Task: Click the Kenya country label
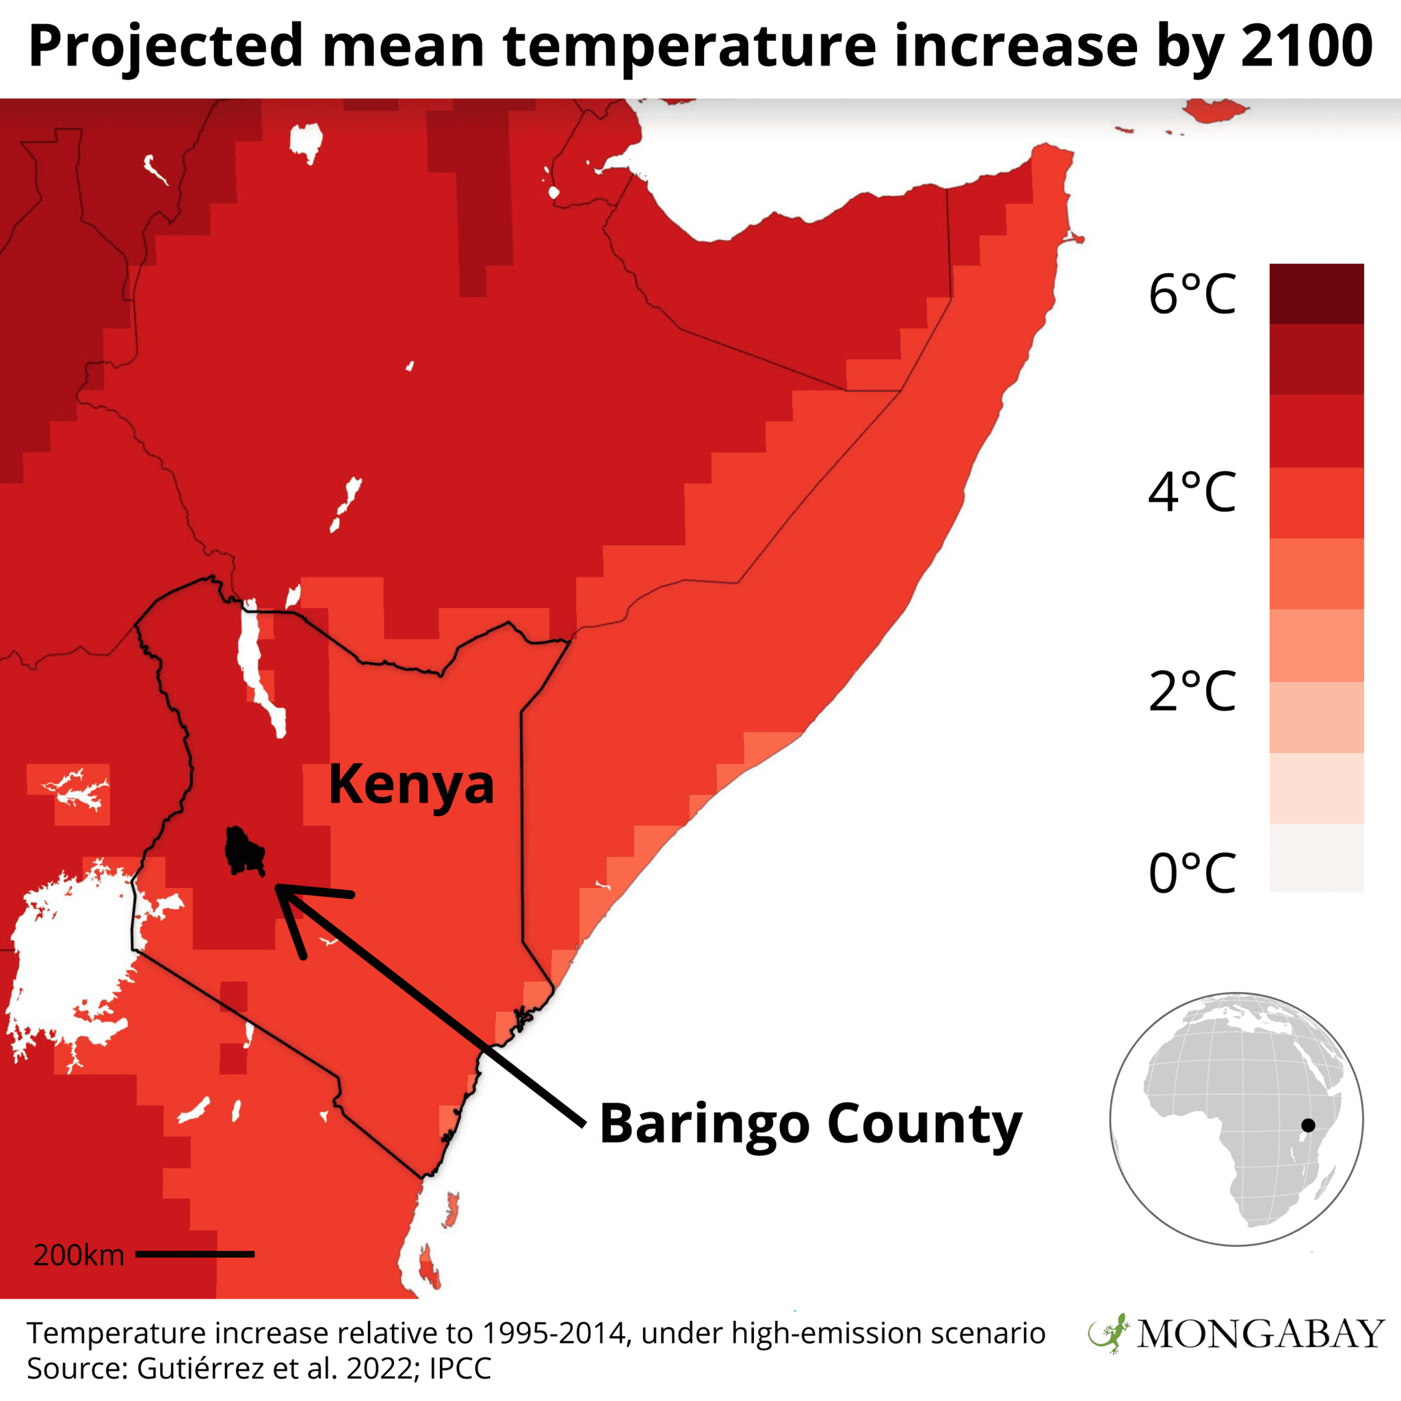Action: (411, 785)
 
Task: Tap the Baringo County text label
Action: (810, 1124)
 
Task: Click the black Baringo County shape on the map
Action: (244, 850)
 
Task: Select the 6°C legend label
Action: (1192, 295)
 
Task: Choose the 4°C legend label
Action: (1192, 493)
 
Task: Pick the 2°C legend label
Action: (1192, 691)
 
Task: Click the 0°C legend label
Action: (1192, 872)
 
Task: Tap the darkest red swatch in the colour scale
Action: (1316, 293)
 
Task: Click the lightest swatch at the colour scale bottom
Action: (1316, 857)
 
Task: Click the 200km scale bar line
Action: (194, 1274)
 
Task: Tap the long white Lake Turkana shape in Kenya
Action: (261, 668)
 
